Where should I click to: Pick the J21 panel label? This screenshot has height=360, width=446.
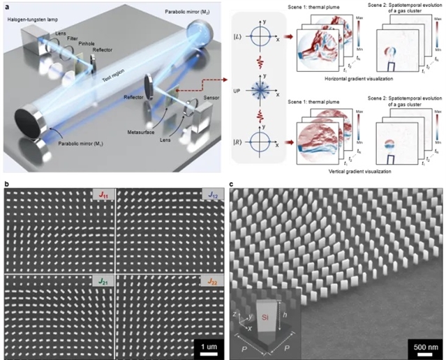point(100,280)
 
